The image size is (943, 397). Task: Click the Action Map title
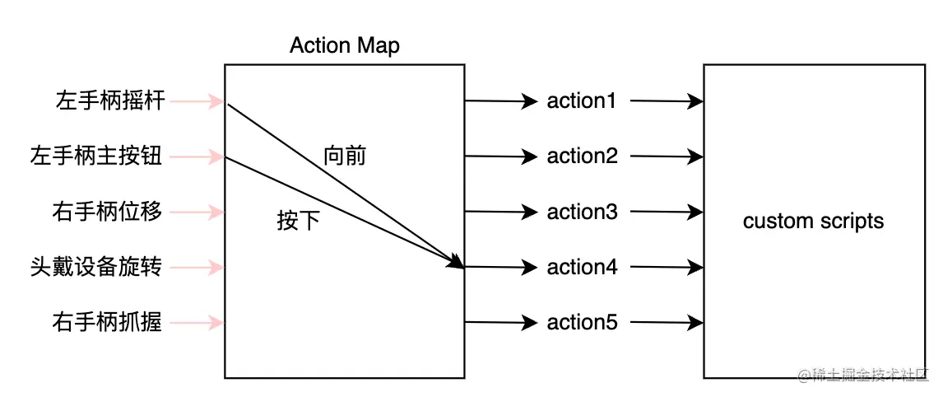point(344,45)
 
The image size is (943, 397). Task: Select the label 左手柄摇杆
point(111,101)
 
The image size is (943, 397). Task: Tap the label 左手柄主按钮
point(96,156)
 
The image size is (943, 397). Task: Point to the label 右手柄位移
point(107,212)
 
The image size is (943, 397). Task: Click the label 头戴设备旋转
point(96,267)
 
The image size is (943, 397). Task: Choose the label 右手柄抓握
point(107,322)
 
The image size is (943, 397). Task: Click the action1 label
point(581,101)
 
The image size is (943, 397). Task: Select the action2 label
point(582,156)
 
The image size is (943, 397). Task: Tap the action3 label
point(582,212)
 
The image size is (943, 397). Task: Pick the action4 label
point(582,267)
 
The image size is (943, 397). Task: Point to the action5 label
point(582,322)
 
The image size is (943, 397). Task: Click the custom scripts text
point(813,222)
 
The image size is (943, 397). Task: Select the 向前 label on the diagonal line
point(345,156)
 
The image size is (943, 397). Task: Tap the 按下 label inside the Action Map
point(298,222)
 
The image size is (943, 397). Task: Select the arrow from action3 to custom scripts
point(667,212)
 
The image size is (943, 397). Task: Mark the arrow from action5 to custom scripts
point(667,322)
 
